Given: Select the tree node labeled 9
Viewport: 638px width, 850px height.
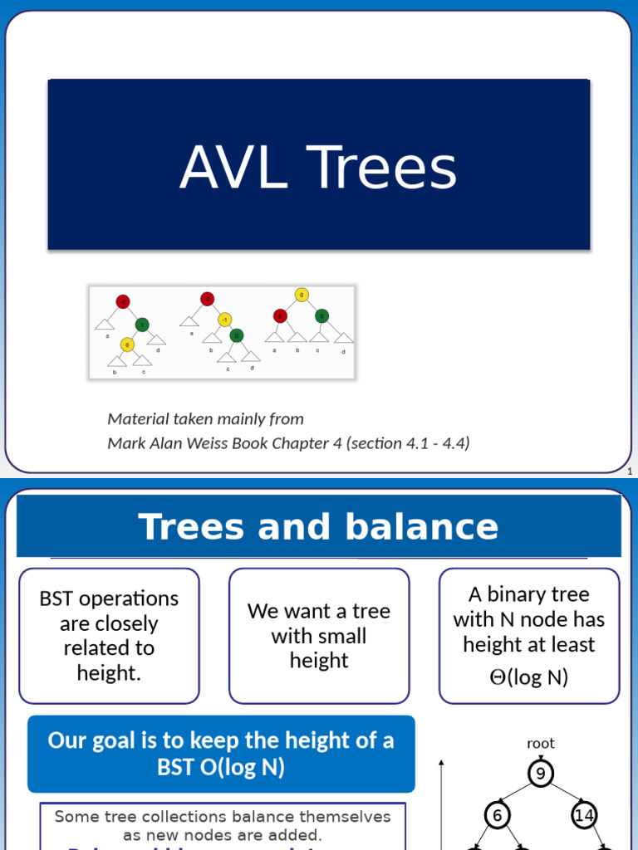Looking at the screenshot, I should pyautogui.click(x=541, y=774).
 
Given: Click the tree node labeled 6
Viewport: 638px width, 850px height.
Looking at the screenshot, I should pyautogui.click(x=497, y=816).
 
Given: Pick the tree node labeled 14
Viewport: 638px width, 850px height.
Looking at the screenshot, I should pyautogui.click(x=584, y=816).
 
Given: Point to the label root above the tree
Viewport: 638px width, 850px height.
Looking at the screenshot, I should pyautogui.click(x=541, y=744).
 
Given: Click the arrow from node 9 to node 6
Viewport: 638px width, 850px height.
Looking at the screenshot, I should pyautogui.click(x=518, y=795).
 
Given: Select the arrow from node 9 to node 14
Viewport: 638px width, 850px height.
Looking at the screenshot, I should pyautogui.click(x=563, y=795).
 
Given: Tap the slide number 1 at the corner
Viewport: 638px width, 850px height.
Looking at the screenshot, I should pyautogui.click(x=630, y=472).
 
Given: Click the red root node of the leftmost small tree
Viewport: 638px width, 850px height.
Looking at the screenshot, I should pyautogui.click(x=123, y=300).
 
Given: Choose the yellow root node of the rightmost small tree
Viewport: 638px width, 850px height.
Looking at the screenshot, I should pyautogui.click(x=302, y=295).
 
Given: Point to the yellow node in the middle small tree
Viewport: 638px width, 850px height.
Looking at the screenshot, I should pyautogui.click(x=224, y=320).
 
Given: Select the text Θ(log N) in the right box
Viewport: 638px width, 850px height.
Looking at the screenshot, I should pyautogui.click(x=528, y=677).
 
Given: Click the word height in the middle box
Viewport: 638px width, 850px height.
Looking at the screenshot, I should pyautogui.click(x=318, y=661).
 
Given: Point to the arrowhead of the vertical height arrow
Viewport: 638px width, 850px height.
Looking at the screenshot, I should pyautogui.click(x=442, y=762).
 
